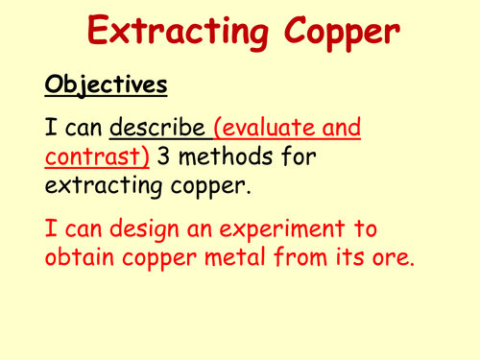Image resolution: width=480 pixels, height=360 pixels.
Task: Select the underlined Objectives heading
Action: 106,84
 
